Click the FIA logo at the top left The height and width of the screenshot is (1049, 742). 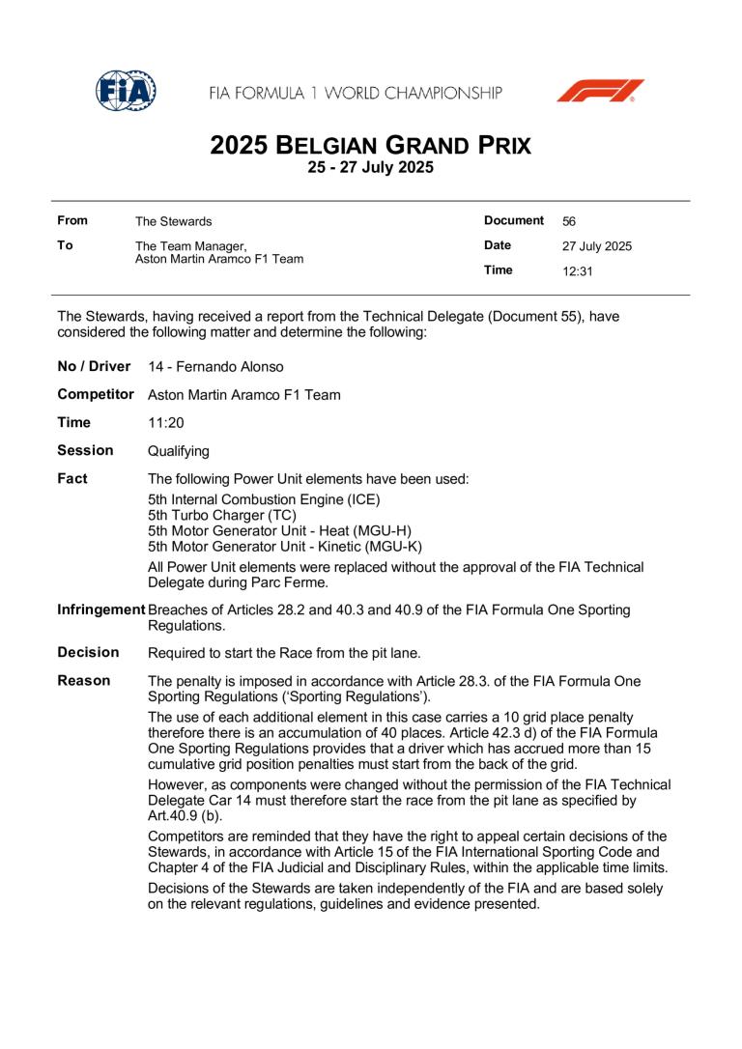point(127,91)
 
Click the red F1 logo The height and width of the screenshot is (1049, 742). point(599,91)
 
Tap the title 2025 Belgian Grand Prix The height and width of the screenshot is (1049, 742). point(371,147)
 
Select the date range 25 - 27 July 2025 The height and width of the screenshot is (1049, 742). point(371,168)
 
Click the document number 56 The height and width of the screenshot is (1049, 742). point(569,221)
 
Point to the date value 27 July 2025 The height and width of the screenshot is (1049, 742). point(596,246)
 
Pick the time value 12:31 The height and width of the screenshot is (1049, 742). point(577,271)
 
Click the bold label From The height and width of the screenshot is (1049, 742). point(72,221)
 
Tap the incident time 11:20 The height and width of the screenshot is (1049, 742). point(165,423)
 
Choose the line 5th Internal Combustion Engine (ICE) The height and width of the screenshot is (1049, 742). point(264,499)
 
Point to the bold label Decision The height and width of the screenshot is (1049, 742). point(88,652)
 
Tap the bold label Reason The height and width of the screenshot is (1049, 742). point(83,681)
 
